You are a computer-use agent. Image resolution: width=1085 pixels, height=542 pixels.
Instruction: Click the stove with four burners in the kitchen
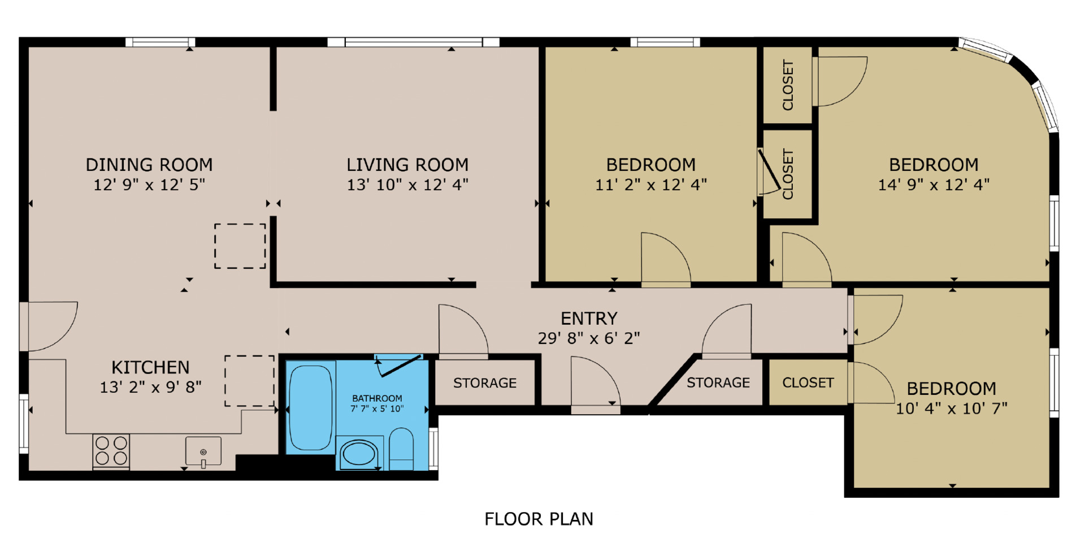[111, 451]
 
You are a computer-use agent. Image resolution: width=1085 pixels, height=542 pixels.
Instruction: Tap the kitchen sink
[203, 451]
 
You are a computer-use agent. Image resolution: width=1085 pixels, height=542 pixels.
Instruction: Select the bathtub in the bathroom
[311, 407]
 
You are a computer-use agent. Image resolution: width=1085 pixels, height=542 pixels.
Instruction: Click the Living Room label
[407, 165]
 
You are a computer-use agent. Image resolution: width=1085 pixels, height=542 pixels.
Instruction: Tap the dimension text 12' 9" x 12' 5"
[149, 184]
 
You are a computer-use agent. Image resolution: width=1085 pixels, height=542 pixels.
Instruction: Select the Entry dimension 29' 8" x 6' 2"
[589, 338]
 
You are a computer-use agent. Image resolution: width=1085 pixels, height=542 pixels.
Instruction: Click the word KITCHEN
[150, 368]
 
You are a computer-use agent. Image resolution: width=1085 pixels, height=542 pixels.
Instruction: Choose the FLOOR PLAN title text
[539, 519]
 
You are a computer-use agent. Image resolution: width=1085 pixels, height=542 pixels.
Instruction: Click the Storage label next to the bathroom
[485, 383]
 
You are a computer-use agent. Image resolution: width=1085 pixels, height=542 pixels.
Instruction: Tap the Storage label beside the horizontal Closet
[718, 383]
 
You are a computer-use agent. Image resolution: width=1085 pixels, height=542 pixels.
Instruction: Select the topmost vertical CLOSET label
[788, 85]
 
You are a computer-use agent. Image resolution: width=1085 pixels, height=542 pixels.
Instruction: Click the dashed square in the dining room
[240, 246]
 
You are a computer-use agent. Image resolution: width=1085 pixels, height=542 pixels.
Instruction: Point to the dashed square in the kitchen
[250, 381]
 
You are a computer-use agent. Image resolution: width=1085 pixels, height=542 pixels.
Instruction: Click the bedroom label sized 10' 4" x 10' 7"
[952, 389]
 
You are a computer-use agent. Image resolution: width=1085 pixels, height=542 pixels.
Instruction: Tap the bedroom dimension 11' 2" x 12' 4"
[651, 184]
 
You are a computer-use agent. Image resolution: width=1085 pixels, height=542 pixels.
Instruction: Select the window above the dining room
[160, 42]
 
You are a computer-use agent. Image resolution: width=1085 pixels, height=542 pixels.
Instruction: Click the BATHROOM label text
[377, 398]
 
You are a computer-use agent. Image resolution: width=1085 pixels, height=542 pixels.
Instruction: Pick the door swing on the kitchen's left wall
[51, 326]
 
